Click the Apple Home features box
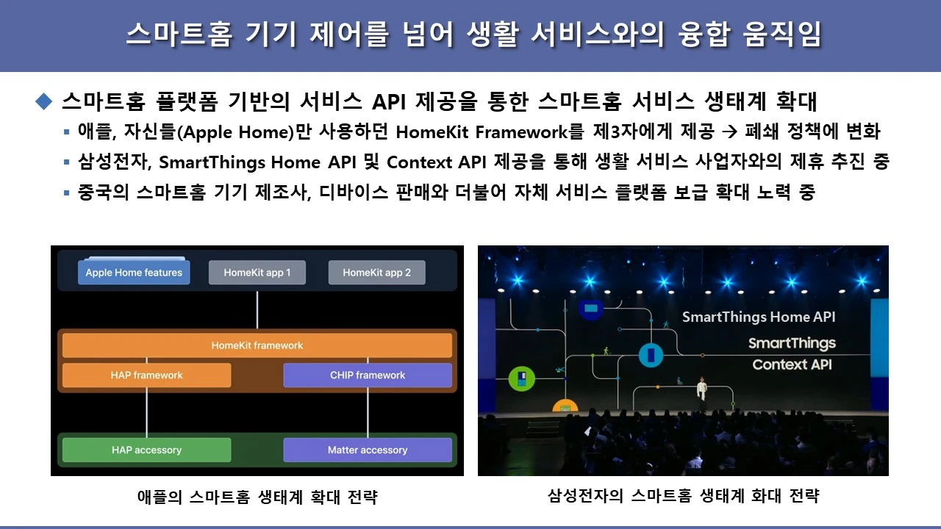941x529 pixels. pyautogui.click(x=134, y=273)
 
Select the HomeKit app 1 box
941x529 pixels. pyautogui.click(x=257, y=273)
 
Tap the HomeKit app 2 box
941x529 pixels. pyautogui.click(x=376, y=273)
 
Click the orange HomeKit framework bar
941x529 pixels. pyautogui.click(x=257, y=345)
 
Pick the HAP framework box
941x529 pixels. pyautogui.click(x=146, y=375)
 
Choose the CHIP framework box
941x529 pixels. pyautogui.click(x=368, y=375)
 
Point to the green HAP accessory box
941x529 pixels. pyautogui.click(x=146, y=450)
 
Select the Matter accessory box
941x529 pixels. pyautogui.click(x=368, y=450)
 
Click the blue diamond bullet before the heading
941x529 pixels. pyautogui.click(x=45, y=101)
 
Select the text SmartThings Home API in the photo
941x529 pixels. pyautogui.click(x=759, y=317)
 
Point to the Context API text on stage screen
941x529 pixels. pyautogui.click(x=792, y=365)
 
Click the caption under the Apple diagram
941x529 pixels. pyautogui.click(x=257, y=497)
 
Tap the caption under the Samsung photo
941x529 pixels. pyautogui.click(x=683, y=496)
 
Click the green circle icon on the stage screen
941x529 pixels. pyautogui.click(x=521, y=379)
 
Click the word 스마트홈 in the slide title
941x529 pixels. pyautogui.click(x=174, y=35)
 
